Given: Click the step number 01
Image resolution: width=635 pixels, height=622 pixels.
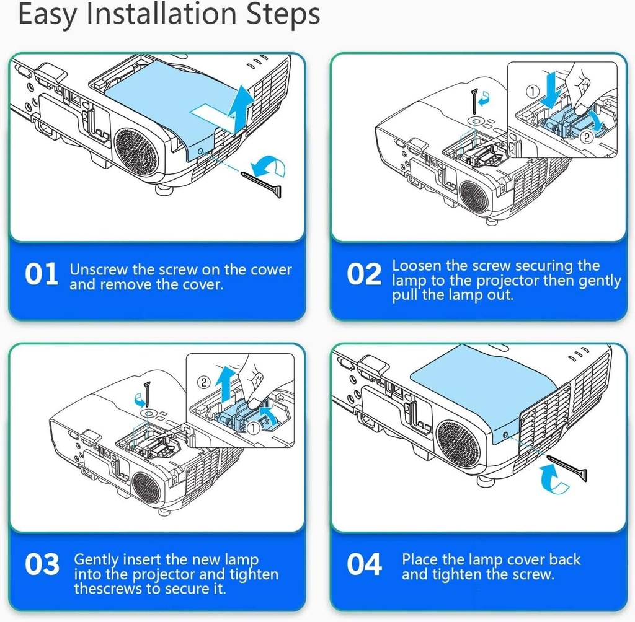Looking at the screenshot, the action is pyautogui.click(x=42, y=274).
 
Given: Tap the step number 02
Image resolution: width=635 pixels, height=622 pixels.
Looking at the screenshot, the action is pyautogui.click(x=364, y=274).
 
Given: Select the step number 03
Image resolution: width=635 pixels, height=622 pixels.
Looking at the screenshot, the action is pyautogui.click(x=42, y=564).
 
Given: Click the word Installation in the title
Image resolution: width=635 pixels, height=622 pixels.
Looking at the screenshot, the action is pyautogui.click(x=161, y=14).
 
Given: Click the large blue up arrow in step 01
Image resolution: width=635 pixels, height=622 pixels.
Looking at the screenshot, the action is pyautogui.click(x=239, y=108).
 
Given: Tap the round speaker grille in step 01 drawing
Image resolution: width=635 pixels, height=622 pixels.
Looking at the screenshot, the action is pyautogui.click(x=136, y=152).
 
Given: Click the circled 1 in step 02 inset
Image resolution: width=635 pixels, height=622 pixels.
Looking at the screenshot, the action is pyautogui.click(x=533, y=92).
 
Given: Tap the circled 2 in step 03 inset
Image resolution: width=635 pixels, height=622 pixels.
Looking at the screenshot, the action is pyautogui.click(x=204, y=382).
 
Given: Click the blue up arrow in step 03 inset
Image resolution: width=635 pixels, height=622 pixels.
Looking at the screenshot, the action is pyautogui.click(x=224, y=383).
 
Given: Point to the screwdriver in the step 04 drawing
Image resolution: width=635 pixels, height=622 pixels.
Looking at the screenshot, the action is pyautogui.click(x=567, y=467).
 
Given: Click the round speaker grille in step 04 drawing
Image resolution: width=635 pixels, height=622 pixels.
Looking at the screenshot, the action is pyautogui.click(x=458, y=443).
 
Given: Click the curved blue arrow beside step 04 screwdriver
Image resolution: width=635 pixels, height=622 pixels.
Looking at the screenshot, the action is pyautogui.click(x=554, y=480).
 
